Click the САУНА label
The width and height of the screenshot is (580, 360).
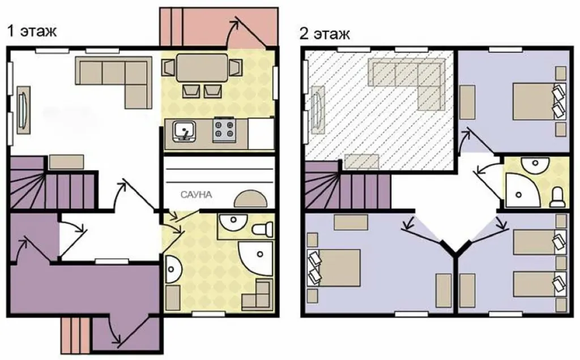click(x=196, y=194)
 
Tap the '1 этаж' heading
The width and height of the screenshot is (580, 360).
click(x=32, y=31)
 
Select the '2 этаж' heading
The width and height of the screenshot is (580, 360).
click(x=325, y=34)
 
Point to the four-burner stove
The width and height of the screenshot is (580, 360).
click(x=224, y=130)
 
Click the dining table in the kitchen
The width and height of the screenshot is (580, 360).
click(x=202, y=67)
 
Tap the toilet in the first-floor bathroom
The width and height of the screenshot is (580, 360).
click(x=263, y=229)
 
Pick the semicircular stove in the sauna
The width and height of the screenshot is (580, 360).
click(x=250, y=198)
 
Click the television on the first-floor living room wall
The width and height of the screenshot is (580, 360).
click(x=24, y=110)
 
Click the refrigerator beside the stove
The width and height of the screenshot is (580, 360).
click(x=261, y=133)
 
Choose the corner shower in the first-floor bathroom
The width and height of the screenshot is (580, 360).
click(x=255, y=259)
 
